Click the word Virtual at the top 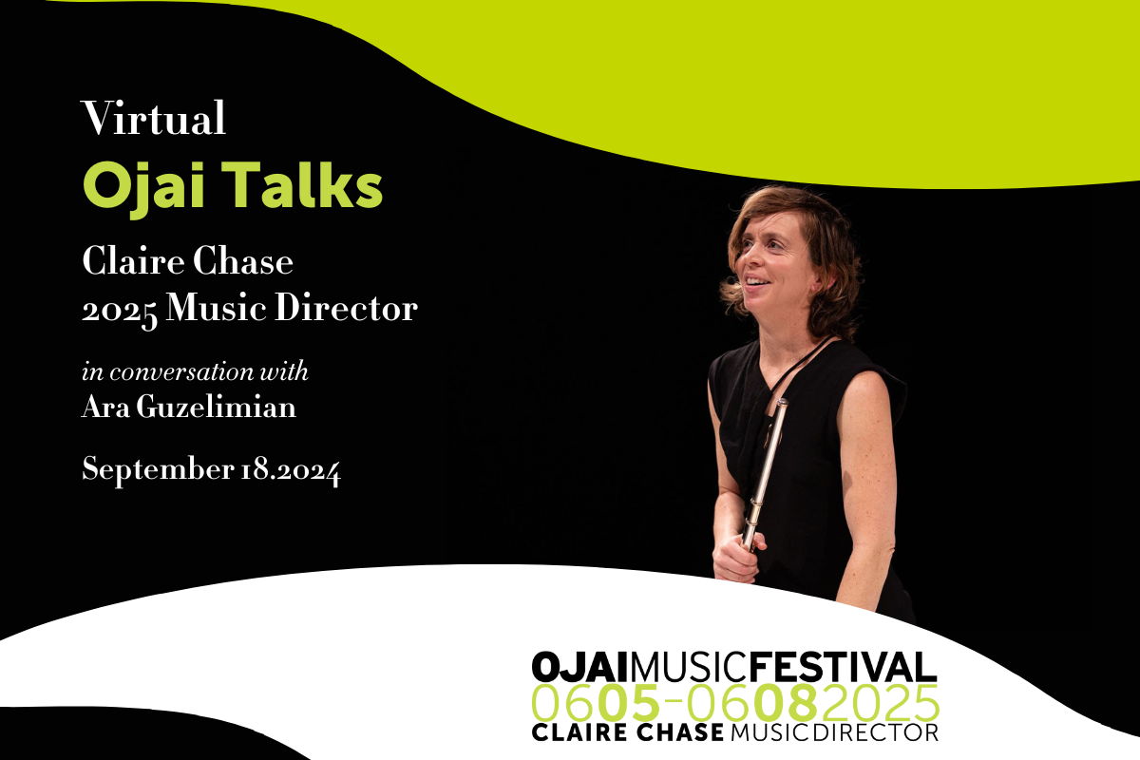[x=153, y=118]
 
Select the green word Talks [x=302, y=184]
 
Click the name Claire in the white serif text [x=133, y=261]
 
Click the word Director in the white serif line [x=346, y=308]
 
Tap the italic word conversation [x=181, y=371]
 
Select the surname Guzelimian [x=216, y=408]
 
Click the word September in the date [x=158, y=469]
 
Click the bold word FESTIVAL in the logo [x=843, y=667]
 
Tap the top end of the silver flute [x=782, y=401]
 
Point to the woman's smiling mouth [x=758, y=281]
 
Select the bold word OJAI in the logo [x=579, y=667]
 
